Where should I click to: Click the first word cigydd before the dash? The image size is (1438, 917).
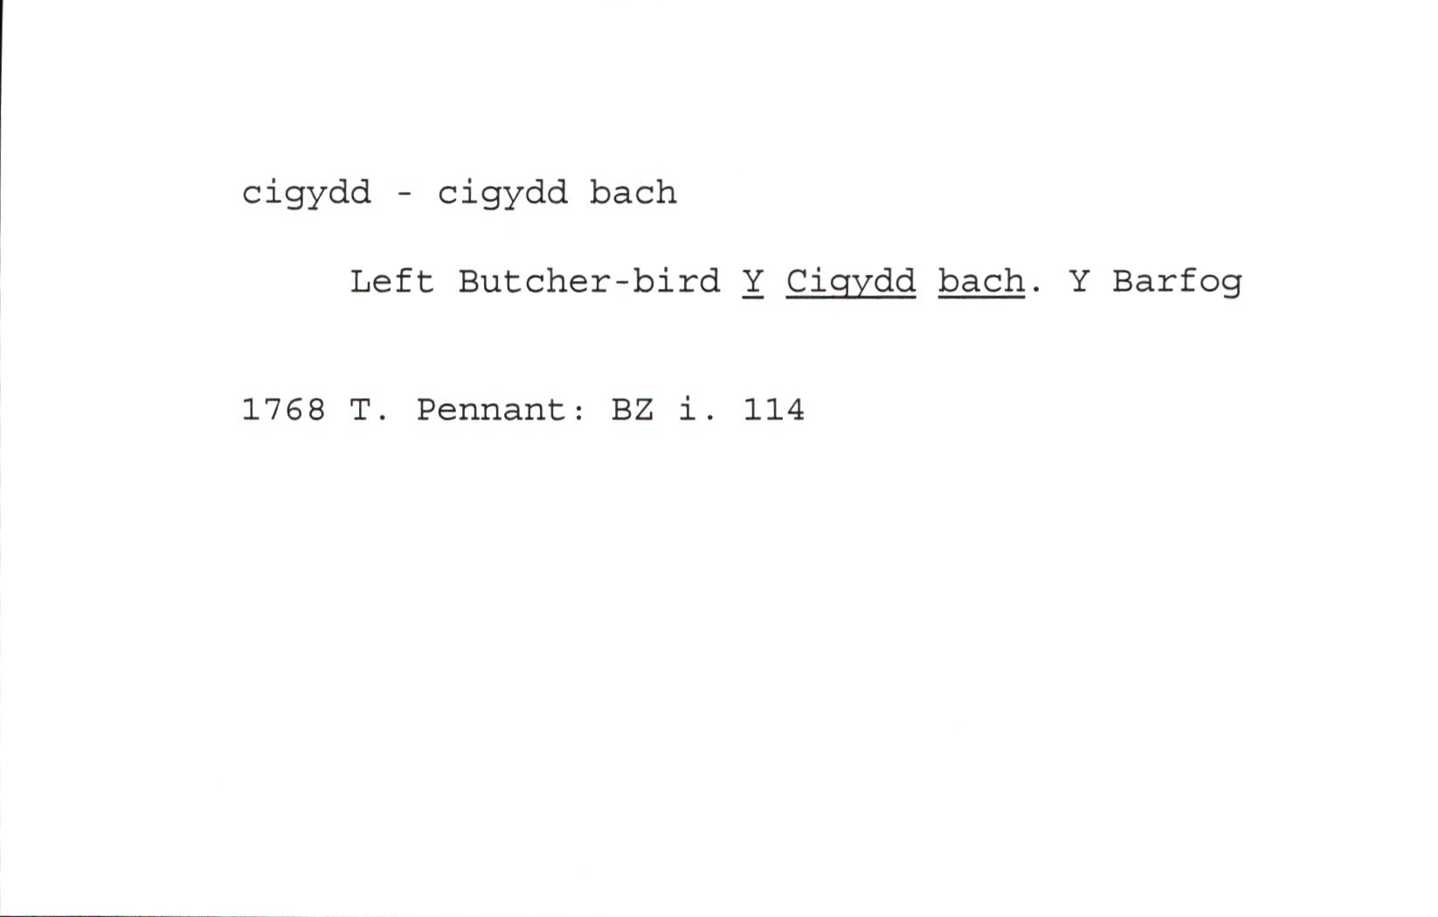click(x=307, y=193)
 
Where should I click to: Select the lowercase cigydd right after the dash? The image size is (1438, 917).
click(x=502, y=193)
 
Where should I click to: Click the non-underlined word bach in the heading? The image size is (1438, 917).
click(x=633, y=192)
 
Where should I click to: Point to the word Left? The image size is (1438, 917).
click(x=391, y=281)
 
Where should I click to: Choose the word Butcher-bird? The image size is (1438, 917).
click(x=589, y=281)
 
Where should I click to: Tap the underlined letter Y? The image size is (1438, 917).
click(x=753, y=281)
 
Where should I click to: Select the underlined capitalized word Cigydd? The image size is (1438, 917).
click(x=851, y=282)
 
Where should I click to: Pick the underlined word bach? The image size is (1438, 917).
click(x=982, y=282)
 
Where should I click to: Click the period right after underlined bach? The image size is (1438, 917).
click(x=1035, y=292)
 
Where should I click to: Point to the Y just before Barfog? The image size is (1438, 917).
click(x=1080, y=281)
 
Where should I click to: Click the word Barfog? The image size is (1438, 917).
click(x=1178, y=282)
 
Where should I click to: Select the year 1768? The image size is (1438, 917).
click(x=284, y=410)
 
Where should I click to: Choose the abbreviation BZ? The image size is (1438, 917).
click(x=633, y=410)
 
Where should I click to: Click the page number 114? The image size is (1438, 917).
click(x=773, y=410)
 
